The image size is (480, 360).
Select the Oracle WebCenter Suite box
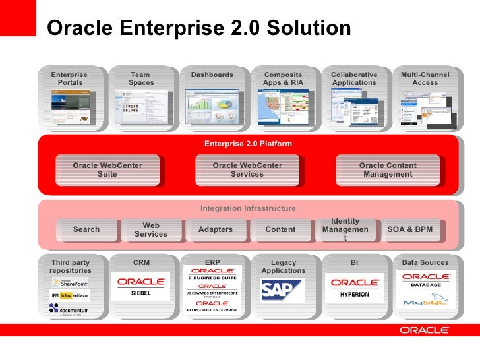pyautogui.click(x=107, y=170)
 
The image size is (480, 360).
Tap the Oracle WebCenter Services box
pyautogui.click(x=247, y=170)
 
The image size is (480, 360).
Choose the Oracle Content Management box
pyautogui.click(x=388, y=170)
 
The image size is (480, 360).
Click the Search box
pyautogui.click(x=86, y=229)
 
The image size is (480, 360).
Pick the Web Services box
pyautogui.click(x=151, y=229)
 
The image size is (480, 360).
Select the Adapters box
pyautogui.click(x=216, y=229)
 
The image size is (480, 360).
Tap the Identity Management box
pyautogui.click(x=345, y=229)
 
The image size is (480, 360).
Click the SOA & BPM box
pyautogui.click(x=409, y=229)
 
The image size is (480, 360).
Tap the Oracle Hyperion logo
pyautogui.click(x=355, y=287)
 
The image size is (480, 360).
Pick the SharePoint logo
pyautogui.click(x=71, y=282)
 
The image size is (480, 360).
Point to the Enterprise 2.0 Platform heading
pyautogui.click(x=248, y=144)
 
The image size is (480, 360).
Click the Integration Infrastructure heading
pyautogui.click(x=248, y=208)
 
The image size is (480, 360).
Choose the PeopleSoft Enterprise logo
pyautogui.click(x=212, y=305)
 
